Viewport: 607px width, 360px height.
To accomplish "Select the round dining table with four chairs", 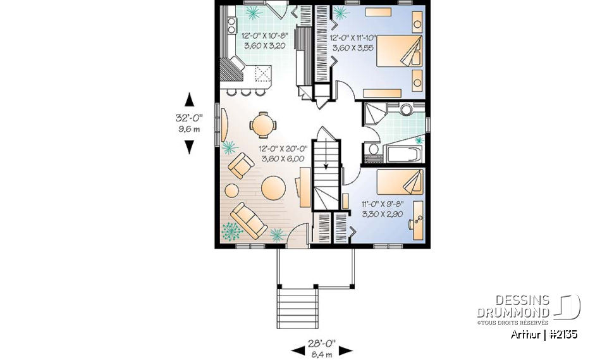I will (262, 125).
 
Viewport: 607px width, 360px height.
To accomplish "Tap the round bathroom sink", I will (405, 109).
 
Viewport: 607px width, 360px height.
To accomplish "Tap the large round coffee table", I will (274, 188).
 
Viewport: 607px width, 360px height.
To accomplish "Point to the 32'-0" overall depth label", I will (188, 118).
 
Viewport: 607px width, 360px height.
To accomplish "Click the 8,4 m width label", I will (321, 354).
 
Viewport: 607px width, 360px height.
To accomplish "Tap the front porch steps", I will (297, 304).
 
